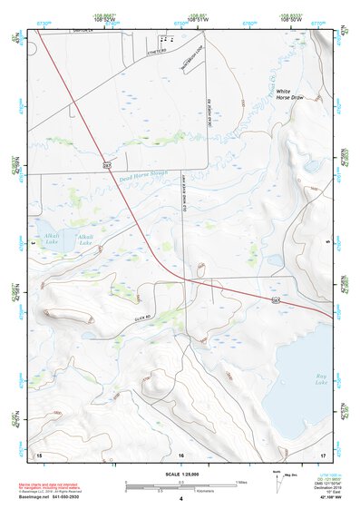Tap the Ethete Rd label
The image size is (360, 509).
click(x=157, y=51)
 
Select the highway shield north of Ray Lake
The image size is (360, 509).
click(x=275, y=298)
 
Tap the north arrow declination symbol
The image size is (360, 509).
click(x=277, y=479)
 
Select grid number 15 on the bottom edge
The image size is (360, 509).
click(x=38, y=453)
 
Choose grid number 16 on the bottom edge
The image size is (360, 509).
click(x=181, y=454)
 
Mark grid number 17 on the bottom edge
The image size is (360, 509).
click(x=323, y=453)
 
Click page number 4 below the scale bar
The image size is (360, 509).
click(x=181, y=499)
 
